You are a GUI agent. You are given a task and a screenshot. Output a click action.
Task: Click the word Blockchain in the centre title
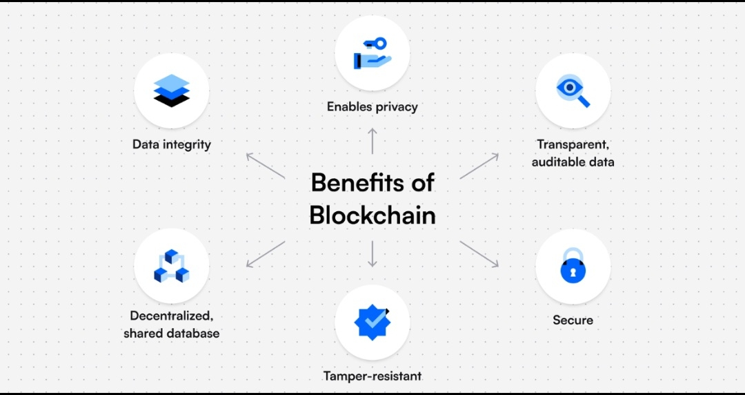click(372, 215)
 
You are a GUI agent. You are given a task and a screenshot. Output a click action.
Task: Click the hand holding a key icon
click(372, 53)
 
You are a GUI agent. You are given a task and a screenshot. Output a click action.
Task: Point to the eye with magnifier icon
click(573, 90)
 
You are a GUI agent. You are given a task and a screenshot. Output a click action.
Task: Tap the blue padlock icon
click(573, 266)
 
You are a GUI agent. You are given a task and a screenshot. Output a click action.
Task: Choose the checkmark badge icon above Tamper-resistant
click(372, 321)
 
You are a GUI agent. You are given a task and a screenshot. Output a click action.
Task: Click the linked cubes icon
click(171, 266)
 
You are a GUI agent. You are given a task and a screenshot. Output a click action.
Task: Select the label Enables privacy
click(372, 107)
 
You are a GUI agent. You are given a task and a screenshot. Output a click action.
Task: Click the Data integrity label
click(172, 145)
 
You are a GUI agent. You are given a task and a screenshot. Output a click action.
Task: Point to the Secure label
click(573, 320)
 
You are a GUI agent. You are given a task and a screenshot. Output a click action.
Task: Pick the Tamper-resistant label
click(372, 376)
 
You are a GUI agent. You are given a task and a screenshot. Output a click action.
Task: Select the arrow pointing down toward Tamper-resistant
click(372, 254)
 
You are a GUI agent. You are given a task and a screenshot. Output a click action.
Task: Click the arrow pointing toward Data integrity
click(266, 166)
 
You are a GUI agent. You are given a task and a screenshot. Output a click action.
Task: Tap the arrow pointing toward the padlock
click(479, 253)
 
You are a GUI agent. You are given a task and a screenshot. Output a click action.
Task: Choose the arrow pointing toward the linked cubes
click(266, 253)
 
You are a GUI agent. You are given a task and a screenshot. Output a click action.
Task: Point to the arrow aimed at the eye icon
click(479, 166)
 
